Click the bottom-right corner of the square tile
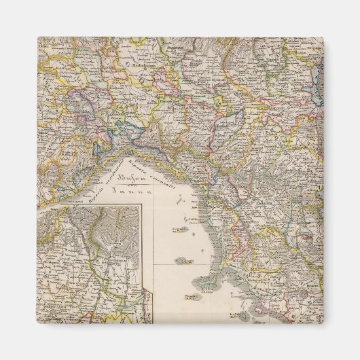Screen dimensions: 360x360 point(323,323)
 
